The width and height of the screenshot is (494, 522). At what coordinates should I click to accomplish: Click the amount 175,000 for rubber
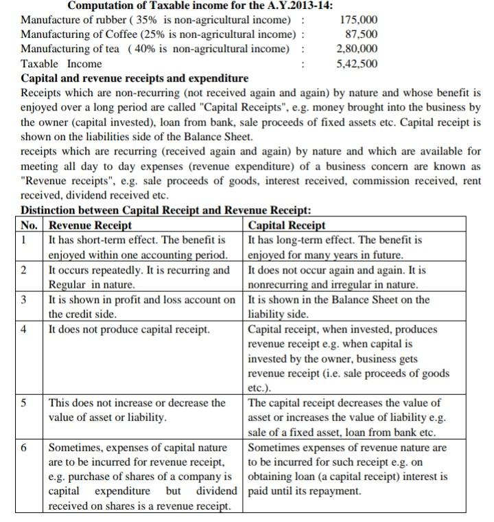(x=359, y=20)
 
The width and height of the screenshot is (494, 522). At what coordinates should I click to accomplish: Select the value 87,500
(x=362, y=34)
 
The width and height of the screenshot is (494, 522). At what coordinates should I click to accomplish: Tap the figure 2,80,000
(x=357, y=49)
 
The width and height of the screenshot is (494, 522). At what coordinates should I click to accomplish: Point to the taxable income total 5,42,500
(x=357, y=64)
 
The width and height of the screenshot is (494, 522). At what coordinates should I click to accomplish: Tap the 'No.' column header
(x=30, y=225)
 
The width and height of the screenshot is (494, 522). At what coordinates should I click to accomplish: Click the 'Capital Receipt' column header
(x=286, y=225)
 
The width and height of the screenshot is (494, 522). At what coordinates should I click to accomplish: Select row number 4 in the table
(x=24, y=329)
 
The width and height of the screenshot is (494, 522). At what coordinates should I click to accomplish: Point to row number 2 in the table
(x=24, y=270)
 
